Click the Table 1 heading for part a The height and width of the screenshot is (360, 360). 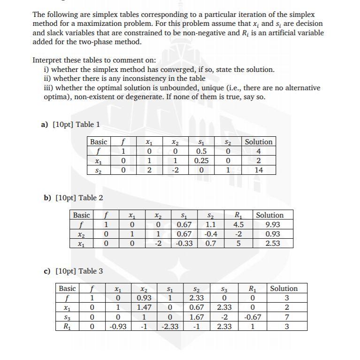click(x=88, y=124)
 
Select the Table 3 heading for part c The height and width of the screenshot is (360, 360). click(x=91, y=271)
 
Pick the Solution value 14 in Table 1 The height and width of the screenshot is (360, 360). click(x=259, y=170)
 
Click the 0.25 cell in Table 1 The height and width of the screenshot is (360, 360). click(x=201, y=161)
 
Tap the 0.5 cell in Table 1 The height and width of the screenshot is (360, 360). click(x=201, y=151)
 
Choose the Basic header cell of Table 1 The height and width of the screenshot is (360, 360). click(x=99, y=142)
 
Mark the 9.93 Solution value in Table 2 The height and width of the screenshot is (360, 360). click(x=273, y=225)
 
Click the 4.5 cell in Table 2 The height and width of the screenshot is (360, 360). click(x=238, y=225)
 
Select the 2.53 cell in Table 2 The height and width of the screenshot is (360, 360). click(x=273, y=243)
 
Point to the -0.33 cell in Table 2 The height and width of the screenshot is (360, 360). click(x=184, y=243)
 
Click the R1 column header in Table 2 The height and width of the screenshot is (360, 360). click(x=238, y=215)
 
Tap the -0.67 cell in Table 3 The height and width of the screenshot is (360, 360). click(x=253, y=317)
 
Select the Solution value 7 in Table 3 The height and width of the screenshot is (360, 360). click(x=287, y=317)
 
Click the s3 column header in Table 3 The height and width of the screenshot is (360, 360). click(x=225, y=289)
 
